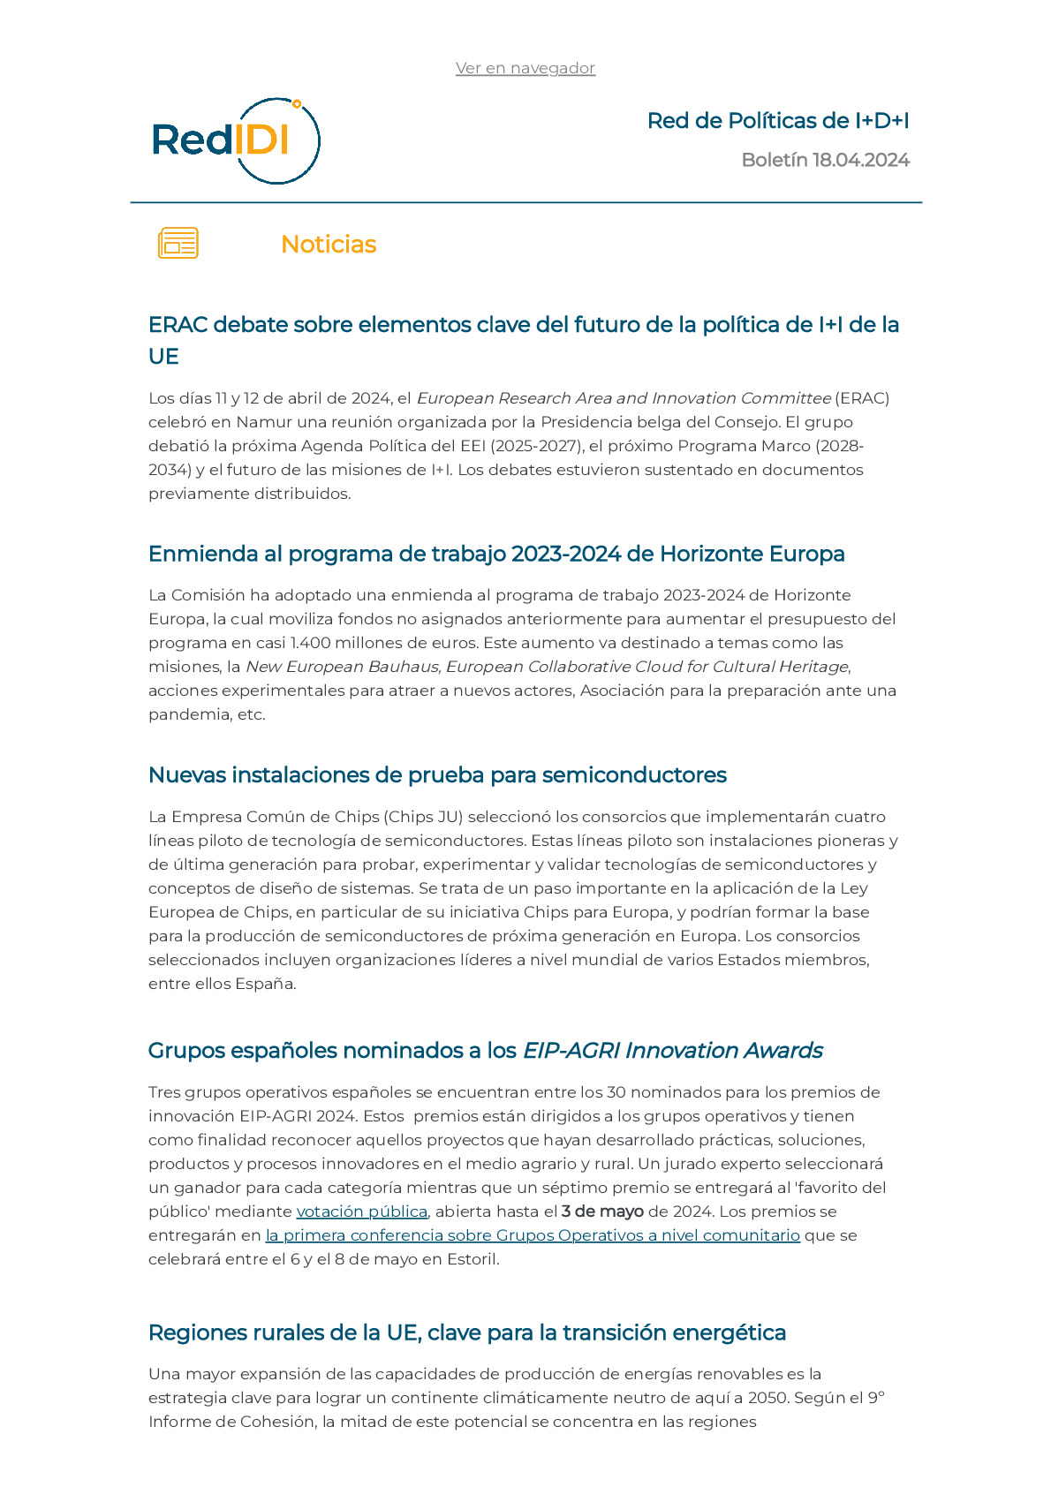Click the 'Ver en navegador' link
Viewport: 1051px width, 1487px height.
tap(525, 68)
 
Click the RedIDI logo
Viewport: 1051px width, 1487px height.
tap(235, 141)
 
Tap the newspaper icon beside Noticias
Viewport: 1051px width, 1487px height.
tap(178, 243)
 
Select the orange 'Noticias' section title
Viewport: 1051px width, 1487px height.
tap(329, 245)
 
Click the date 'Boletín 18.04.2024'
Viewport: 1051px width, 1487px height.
tap(825, 160)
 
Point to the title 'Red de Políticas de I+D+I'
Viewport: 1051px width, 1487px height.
tap(777, 121)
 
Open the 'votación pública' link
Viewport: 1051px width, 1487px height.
tap(361, 1211)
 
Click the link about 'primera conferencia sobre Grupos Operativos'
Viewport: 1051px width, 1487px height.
tap(533, 1235)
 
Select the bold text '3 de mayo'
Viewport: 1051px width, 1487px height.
tap(602, 1211)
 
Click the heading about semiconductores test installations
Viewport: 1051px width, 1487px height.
tap(437, 775)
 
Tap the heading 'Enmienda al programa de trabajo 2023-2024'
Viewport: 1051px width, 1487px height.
tap(496, 554)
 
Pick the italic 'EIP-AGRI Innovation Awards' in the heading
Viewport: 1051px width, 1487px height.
tap(672, 1051)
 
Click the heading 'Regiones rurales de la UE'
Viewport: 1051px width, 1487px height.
tap(466, 1332)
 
